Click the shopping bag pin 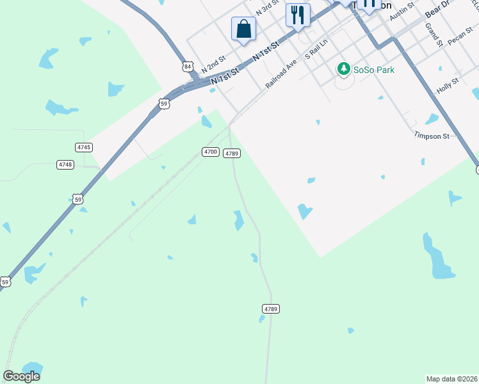tap(243, 29)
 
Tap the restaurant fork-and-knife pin tap(298, 15)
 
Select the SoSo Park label tap(374, 69)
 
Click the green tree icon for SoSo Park tap(344, 68)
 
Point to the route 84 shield tap(187, 66)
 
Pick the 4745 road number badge tap(84, 147)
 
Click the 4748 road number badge tap(65, 164)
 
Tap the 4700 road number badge tap(210, 152)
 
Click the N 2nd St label tap(213, 63)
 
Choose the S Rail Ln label tap(316, 48)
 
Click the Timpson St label tap(431, 136)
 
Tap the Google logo tap(22, 376)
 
